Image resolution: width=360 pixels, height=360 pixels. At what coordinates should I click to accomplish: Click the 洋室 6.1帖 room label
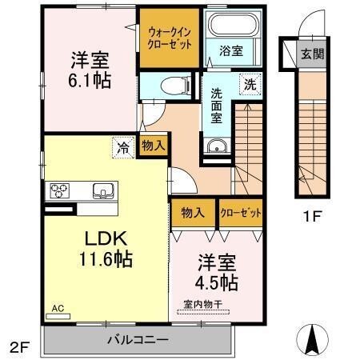coord(89,70)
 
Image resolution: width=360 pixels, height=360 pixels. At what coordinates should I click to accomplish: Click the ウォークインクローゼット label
coord(170,37)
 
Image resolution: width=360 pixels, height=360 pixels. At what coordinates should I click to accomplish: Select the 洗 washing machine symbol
coord(250,83)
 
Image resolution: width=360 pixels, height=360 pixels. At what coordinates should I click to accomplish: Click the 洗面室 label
coord(218,105)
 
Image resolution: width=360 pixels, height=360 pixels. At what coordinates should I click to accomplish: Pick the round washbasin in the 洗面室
coord(216,146)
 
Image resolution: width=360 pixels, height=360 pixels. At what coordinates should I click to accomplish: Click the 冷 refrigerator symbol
coord(123,146)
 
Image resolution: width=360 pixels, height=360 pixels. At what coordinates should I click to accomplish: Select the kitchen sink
coord(103,190)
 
